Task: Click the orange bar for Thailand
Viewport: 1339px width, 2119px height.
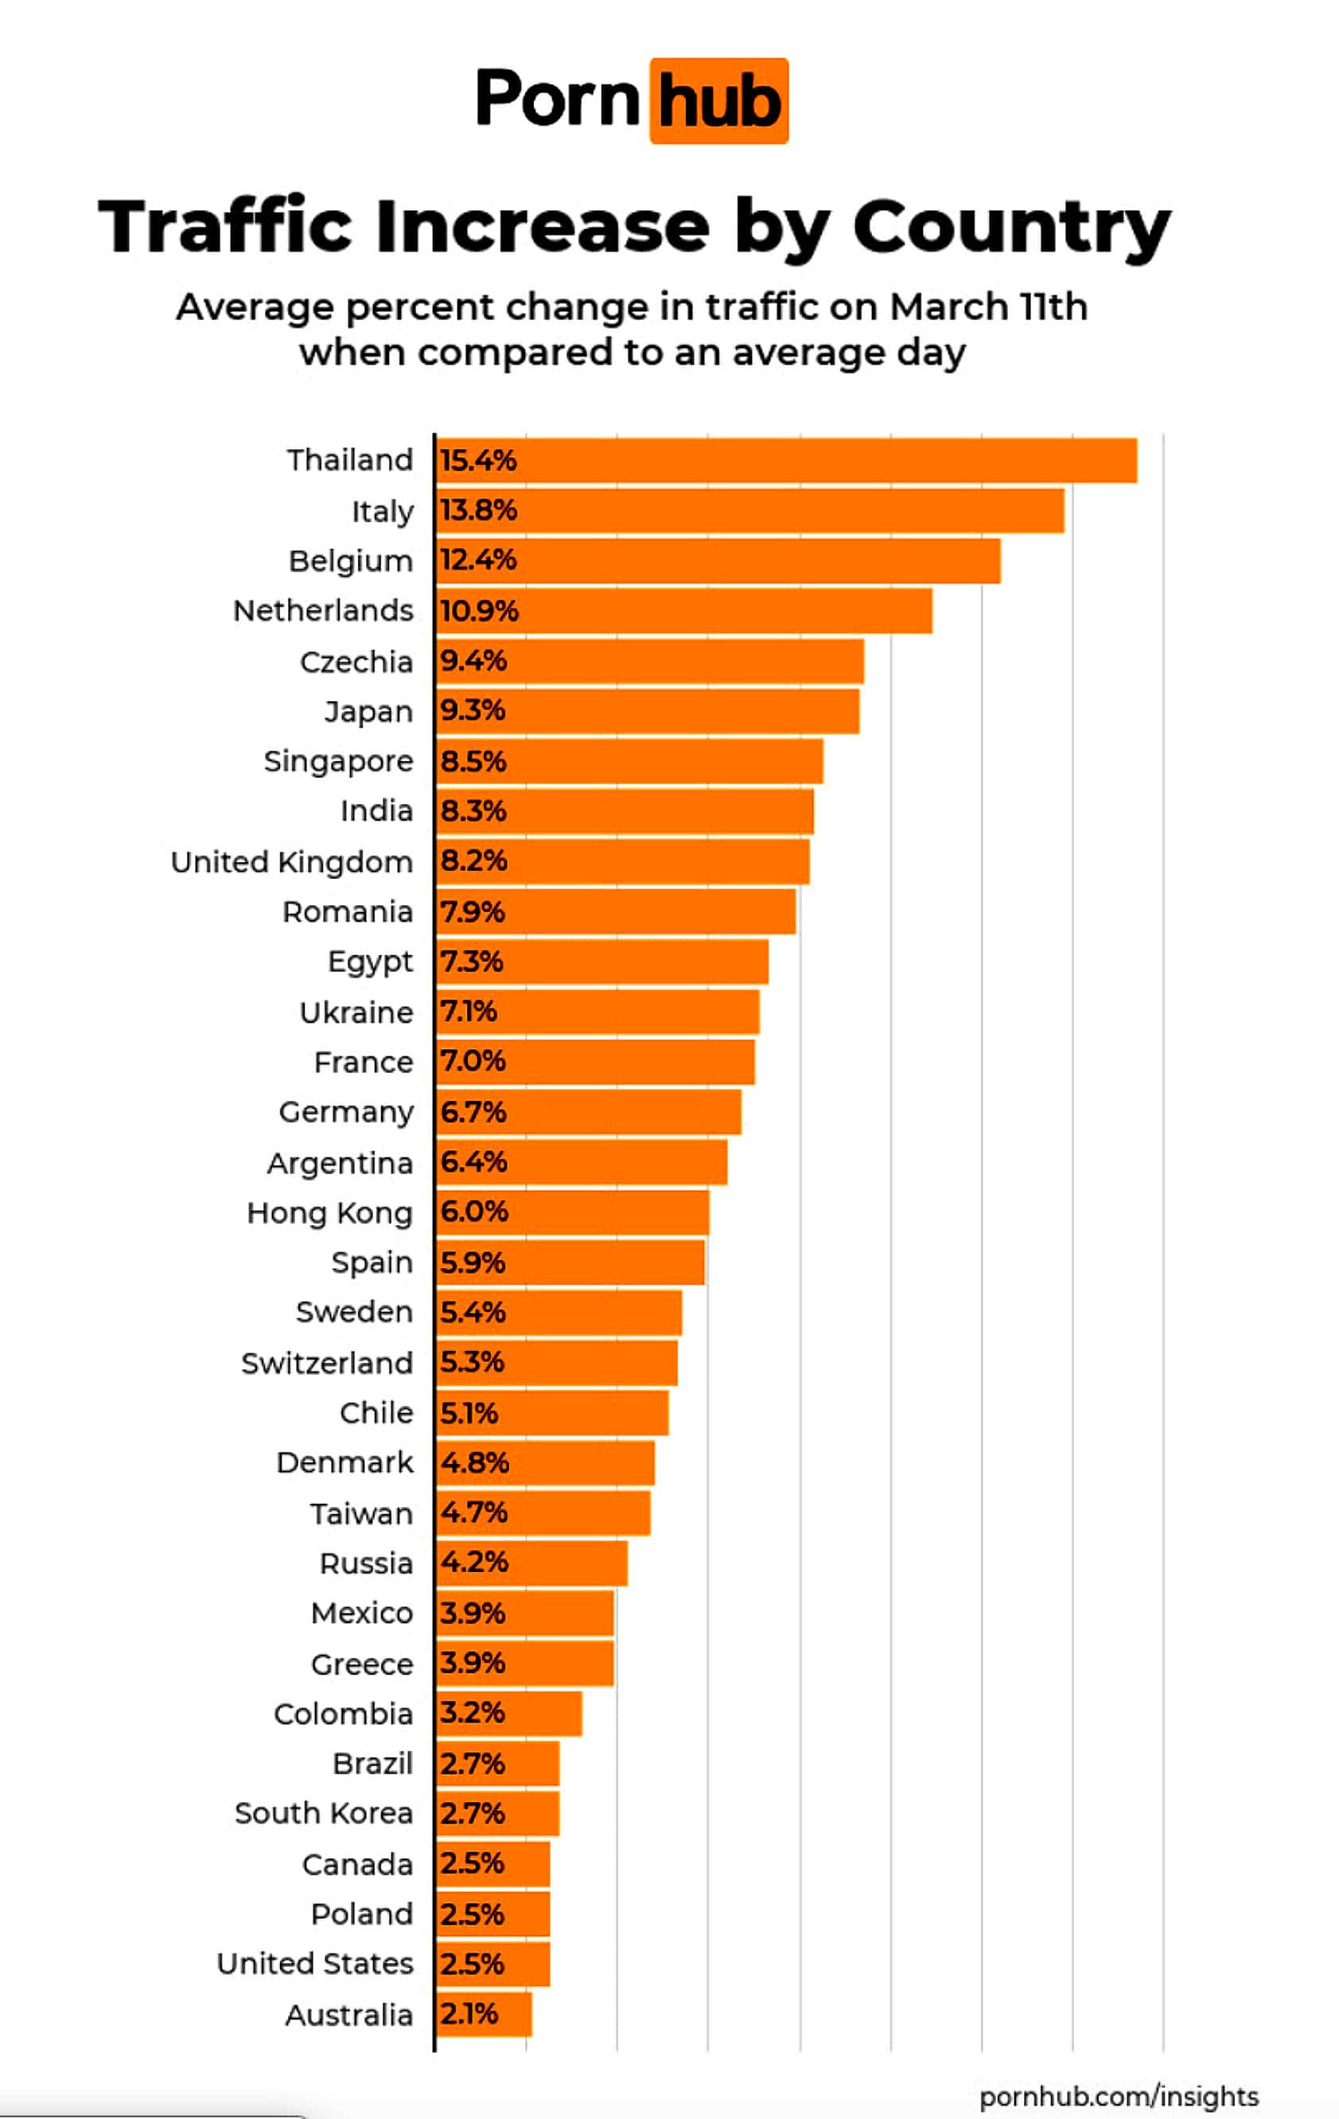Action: (785, 460)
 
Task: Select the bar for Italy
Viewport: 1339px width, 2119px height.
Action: (749, 510)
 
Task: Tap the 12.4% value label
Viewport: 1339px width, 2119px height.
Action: (477, 560)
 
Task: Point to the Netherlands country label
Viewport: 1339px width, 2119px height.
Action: (323, 610)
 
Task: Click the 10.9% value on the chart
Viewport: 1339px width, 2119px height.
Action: (479, 610)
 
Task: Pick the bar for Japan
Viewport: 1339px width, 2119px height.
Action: (648, 710)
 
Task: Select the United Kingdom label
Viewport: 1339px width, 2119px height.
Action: (291, 861)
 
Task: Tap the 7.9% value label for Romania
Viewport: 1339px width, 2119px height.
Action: (473, 911)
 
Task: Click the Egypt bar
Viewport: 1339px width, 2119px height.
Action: (601, 961)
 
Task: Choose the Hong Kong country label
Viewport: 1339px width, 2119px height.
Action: (329, 1212)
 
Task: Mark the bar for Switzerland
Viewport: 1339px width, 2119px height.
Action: (557, 1362)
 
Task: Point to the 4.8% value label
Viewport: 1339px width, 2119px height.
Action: (475, 1462)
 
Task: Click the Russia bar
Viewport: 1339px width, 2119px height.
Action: (531, 1563)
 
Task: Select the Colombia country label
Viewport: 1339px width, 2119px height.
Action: (343, 1713)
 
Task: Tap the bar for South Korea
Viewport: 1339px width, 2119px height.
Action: (498, 1813)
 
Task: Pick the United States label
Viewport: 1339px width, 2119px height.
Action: (315, 1963)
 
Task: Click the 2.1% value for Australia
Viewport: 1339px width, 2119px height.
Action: (469, 2013)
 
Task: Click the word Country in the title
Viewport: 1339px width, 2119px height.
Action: (1011, 227)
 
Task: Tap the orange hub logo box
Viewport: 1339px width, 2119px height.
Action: (718, 101)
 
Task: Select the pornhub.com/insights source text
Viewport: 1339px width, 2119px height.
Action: (1118, 2096)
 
